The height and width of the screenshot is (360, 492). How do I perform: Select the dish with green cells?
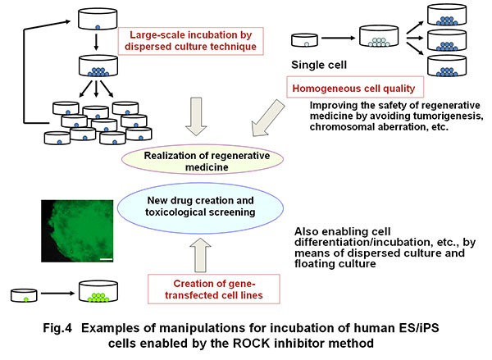click(97, 291)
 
